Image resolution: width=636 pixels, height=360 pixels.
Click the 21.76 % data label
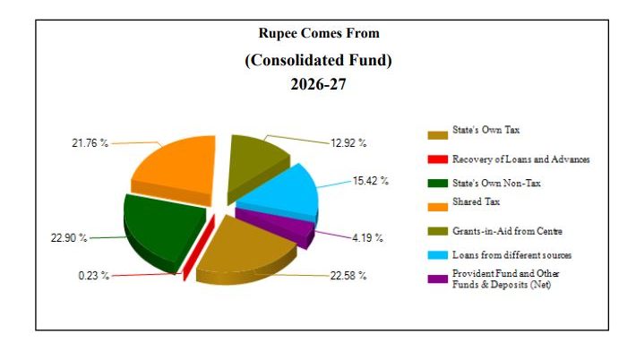[x=90, y=143]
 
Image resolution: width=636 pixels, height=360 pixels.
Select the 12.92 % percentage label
[x=348, y=143]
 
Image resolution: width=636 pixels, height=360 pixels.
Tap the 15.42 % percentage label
[x=371, y=181]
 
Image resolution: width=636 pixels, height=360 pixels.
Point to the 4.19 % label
[x=367, y=238]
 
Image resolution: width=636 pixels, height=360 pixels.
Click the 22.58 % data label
[x=348, y=276]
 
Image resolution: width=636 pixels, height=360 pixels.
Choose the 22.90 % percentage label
[x=69, y=238]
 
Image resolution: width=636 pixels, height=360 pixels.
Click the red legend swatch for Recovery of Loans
[x=436, y=159]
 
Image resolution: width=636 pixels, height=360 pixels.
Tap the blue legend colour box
[x=436, y=255]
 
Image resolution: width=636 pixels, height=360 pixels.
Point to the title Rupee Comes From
[x=319, y=33]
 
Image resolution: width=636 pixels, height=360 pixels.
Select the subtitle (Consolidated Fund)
[x=319, y=60]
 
